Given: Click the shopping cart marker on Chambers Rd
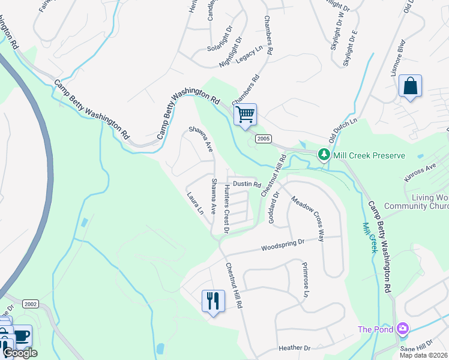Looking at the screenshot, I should click(x=245, y=114).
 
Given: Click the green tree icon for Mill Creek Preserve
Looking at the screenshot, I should click(x=324, y=155).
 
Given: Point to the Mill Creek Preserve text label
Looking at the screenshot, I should click(x=369, y=155).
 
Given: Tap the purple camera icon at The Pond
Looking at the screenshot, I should click(x=403, y=328).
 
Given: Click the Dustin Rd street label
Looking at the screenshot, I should click(x=247, y=184).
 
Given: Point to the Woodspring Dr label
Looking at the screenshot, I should click(x=283, y=245).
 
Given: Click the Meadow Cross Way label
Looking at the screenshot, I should click(x=308, y=218).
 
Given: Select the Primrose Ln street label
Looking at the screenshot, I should click(x=305, y=280).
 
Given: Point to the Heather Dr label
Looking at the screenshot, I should click(x=295, y=348).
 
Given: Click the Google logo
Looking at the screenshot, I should click(x=20, y=353).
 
